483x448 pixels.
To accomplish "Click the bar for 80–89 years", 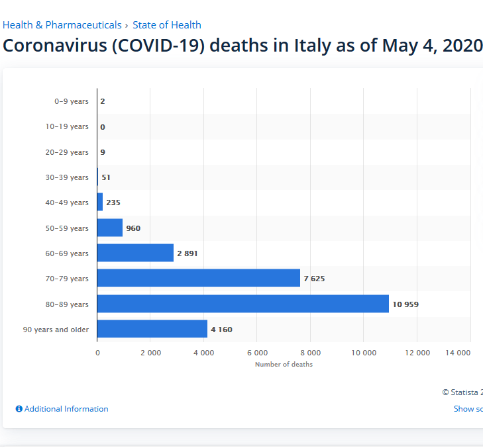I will pyautogui.click(x=242, y=304).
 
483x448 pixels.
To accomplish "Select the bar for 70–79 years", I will pyautogui.click(x=199, y=279).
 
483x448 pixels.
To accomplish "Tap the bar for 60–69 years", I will pyautogui.click(x=135, y=253).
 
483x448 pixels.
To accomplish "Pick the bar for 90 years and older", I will pyautogui.click(x=152, y=329).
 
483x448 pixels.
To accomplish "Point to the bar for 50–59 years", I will pyautogui.click(x=110, y=228).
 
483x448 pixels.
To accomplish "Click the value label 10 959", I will pyautogui.click(x=405, y=304).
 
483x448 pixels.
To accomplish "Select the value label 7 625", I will pyautogui.click(x=314, y=279).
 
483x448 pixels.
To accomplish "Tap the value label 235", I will pyautogui.click(x=113, y=202).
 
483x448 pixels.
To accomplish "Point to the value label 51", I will pyautogui.click(x=106, y=177).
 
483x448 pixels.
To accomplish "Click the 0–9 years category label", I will pyautogui.click(x=72, y=101).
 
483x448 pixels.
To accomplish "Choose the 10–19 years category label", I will pyautogui.click(x=67, y=126).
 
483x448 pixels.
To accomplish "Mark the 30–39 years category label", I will pyautogui.click(x=67, y=177).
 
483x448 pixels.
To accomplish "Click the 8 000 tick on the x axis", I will pyautogui.click(x=311, y=353).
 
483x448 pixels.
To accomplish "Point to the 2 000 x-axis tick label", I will pyautogui.click(x=150, y=353).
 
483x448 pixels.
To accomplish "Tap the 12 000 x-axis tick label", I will pyautogui.click(x=417, y=353).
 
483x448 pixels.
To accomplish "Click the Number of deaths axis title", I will pyautogui.click(x=284, y=365).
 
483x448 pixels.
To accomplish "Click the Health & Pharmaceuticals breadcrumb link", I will pyautogui.click(x=62, y=25).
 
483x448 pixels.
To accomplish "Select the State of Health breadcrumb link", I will pyautogui.click(x=167, y=25).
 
